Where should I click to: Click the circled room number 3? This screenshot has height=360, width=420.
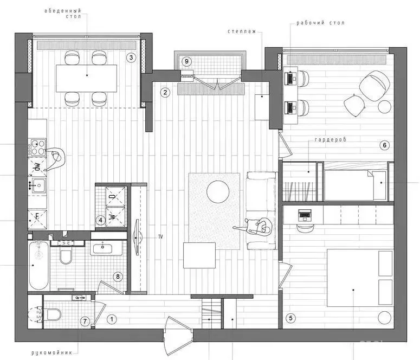131,57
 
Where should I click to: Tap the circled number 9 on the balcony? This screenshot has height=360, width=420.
186,61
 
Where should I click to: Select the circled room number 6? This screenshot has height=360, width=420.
385,145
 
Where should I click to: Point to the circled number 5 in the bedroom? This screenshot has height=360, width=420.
290,318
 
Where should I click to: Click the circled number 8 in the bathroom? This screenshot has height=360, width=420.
118,277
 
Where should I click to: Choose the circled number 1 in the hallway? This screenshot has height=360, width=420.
112,319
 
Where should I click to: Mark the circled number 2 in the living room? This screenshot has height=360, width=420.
165,93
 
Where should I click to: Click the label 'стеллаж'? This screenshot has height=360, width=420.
242,31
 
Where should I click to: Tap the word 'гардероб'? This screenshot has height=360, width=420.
331,140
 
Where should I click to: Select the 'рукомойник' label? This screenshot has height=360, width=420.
51,353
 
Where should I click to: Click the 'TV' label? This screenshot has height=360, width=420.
160,237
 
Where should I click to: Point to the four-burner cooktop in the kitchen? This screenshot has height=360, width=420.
38,147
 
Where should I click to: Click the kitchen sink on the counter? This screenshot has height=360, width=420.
39,185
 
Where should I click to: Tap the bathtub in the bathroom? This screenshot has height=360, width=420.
39,265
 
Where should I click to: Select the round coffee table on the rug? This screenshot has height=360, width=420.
218,192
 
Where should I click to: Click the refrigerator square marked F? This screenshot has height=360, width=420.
37,220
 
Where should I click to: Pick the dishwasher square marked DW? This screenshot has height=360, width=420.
37,167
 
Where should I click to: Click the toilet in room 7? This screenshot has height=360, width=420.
54,314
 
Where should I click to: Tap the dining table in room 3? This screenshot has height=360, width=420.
87,78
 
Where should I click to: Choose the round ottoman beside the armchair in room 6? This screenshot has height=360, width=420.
384,106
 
